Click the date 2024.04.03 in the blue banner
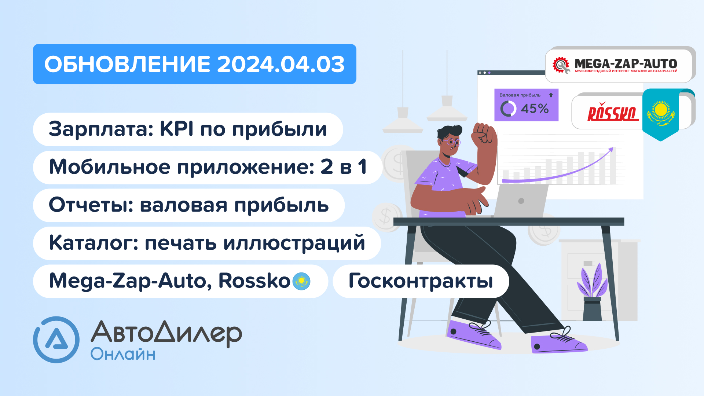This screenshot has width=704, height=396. pyautogui.click(x=280, y=65)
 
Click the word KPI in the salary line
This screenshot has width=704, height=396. pyautogui.click(x=177, y=129)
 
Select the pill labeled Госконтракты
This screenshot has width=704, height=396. pyautogui.click(x=421, y=281)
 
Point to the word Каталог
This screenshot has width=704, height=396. pyautogui.click(x=93, y=243)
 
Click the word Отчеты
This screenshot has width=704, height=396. pyautogui.click(x=91, y=205)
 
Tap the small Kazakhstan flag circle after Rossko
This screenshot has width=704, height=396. pyautogui.click(x=301, y=281)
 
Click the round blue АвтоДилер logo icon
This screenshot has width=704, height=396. pyautogui.click(x=56, y=340)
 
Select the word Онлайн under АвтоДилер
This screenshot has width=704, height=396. pyautogui.click(x=123, y=355)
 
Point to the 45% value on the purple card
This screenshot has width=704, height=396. pyautogui.click(x=535, y=109)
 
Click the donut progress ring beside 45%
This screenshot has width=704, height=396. pyautogui.click(x=508, y=109)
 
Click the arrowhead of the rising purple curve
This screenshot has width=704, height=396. pyautogui.click(x=610, y=150)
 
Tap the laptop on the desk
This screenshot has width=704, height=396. pyautogui.click(x=521, y=201)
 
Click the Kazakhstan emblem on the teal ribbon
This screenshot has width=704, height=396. pyautogui.click(x=661, y=112)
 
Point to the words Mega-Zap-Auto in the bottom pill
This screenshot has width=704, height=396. pyautogui.click(x=130, y=281)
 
